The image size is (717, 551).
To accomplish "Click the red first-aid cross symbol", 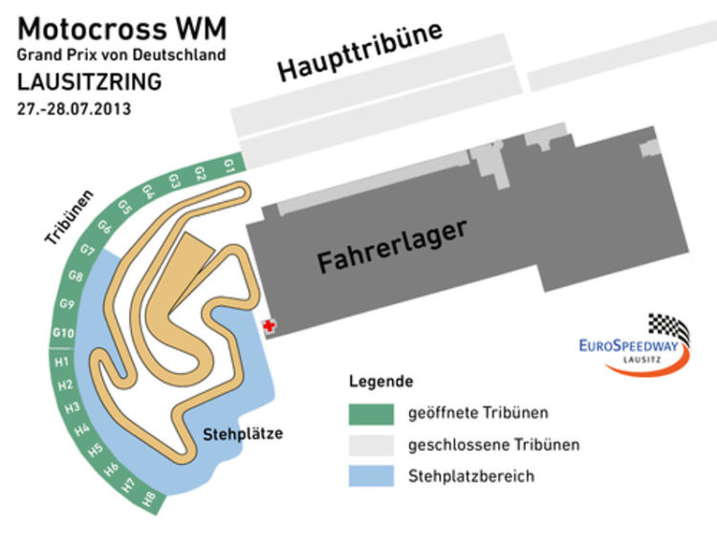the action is tap(270, 326).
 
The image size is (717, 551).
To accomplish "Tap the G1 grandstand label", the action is tap(229, 165).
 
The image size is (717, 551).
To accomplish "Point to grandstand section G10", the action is tap(63, 333).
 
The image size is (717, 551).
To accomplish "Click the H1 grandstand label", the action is tap(62, 362).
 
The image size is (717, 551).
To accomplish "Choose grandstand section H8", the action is tap(148, 498).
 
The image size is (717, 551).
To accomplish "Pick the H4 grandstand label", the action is tap(82, 430).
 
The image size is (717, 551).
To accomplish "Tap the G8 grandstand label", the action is tap(76, 275).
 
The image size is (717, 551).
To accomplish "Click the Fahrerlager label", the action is tap(392, 246).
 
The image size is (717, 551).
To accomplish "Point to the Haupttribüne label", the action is tap(360, 52).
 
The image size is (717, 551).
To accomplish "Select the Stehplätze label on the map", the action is tap(243, 434).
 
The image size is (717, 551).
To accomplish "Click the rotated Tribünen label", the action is tap(69, 216).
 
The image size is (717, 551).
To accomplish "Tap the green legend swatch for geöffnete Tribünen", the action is tap(371, 414).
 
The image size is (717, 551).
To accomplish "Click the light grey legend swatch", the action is tap(371, 446).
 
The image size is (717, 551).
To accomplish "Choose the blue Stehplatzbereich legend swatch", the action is tap(371, 476).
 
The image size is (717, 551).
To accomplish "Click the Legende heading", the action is tap(380, 382).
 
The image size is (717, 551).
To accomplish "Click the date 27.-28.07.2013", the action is tap(74, 109).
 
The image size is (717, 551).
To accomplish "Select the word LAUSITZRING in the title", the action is tap(89, 82).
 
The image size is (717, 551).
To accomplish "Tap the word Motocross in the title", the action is tap(93, 29).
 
